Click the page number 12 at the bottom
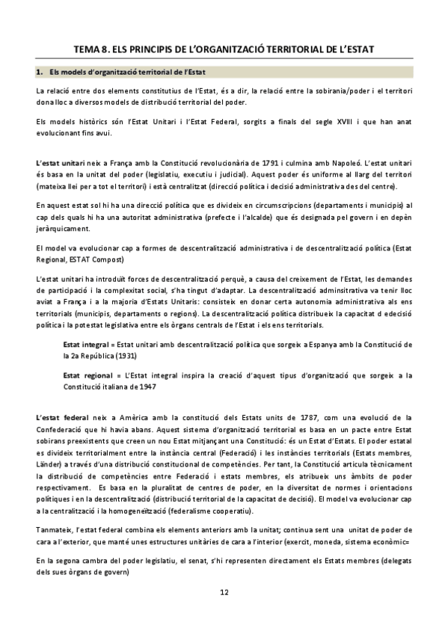[x=224, y=592]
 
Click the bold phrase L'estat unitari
[x=59, y=162]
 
